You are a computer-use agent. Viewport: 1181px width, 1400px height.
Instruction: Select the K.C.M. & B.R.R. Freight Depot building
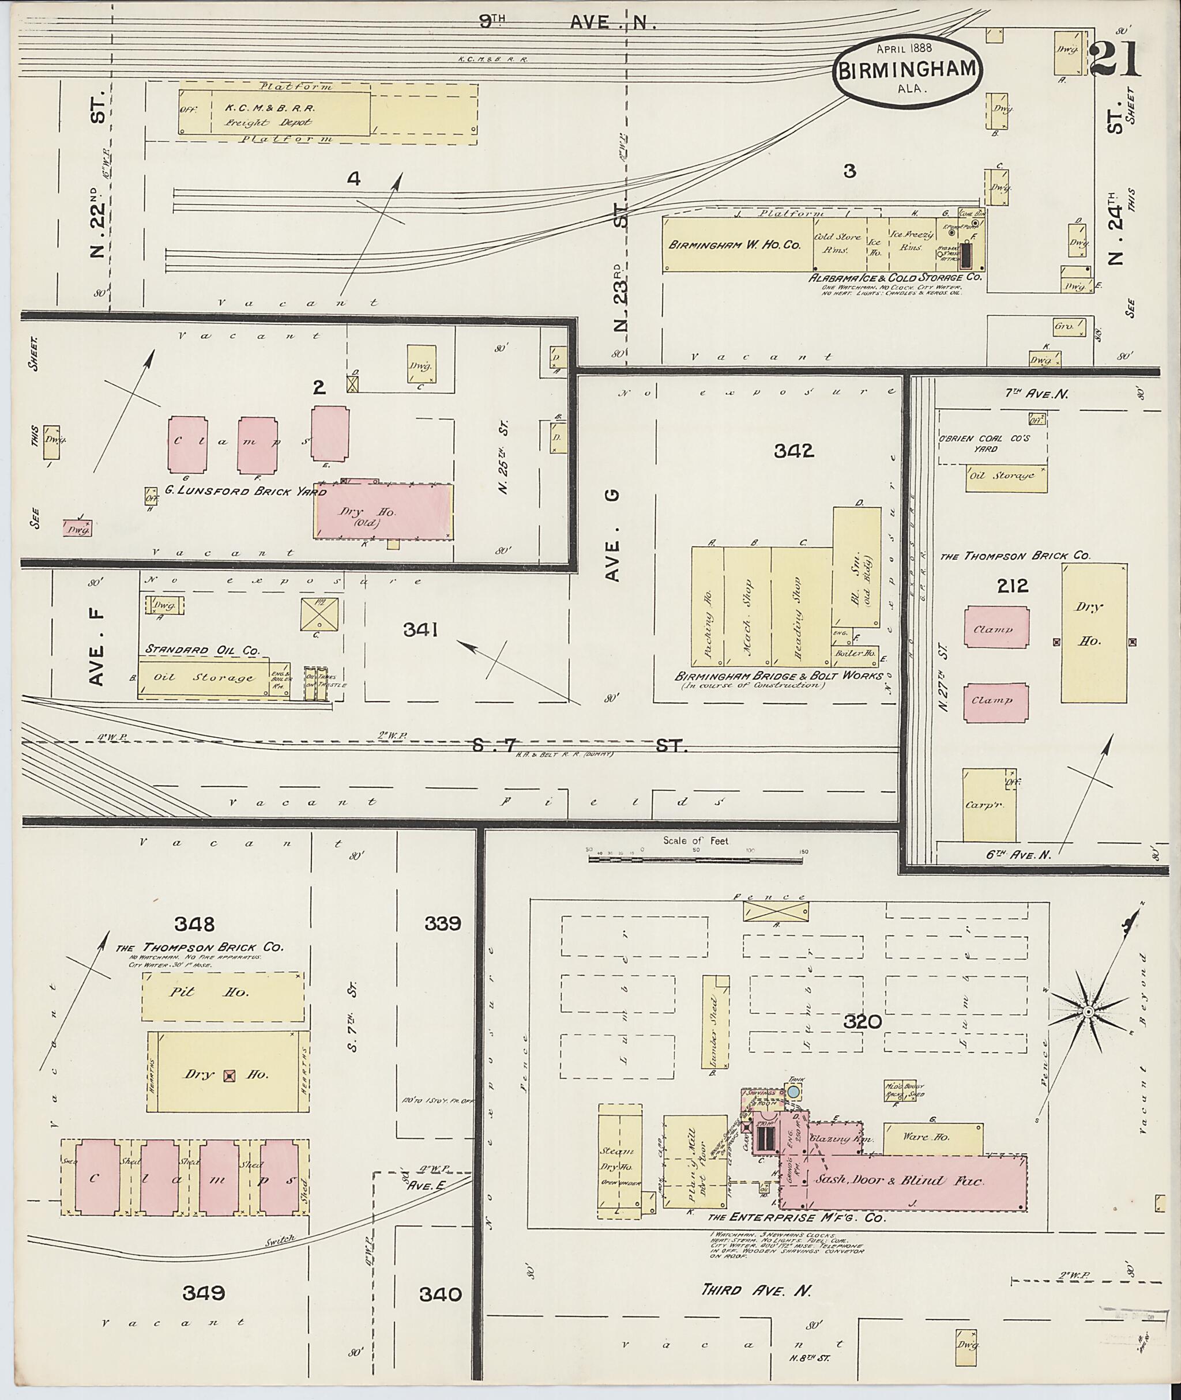tap(274, 113)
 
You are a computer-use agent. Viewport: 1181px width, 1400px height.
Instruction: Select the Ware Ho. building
tap(932, 1139)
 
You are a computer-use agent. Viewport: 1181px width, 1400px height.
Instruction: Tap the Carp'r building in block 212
tap(989, 805)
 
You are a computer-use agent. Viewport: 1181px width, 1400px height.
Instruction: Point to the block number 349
tap(204, 1293)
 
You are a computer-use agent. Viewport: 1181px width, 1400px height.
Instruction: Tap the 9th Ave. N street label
tap(566, 22)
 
